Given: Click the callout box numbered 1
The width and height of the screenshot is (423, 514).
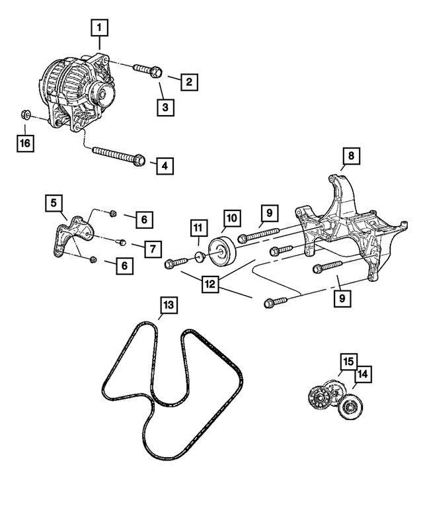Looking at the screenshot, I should click(100, 28).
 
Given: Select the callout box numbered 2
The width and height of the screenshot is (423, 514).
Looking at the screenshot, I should click(188, 82).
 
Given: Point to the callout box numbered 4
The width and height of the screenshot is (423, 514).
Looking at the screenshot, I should click(166, 165).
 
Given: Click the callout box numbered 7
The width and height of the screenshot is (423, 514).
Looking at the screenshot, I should click(151, 248).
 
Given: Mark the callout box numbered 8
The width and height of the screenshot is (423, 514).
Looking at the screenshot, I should click(351, 156).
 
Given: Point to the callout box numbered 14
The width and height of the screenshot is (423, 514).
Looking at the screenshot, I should click(363, 375).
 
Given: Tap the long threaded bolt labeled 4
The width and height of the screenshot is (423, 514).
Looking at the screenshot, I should click(119, 156).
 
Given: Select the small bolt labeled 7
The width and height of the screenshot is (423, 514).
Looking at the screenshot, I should click(123, 241).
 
